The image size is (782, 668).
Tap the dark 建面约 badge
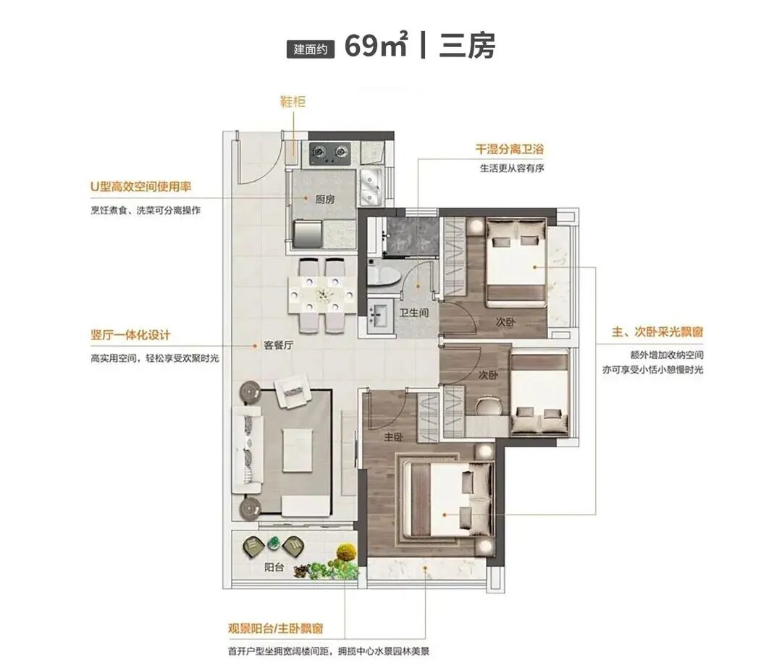tap(311, 49)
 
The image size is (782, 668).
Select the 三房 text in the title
tap(467, 46)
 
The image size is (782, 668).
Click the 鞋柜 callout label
tap(293, 101)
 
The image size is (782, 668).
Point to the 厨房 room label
tap(324, 201)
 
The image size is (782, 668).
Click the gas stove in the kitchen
tap(329, 152)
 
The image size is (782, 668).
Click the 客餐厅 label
tap(278, 346)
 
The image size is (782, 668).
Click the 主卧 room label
tap(393, 437)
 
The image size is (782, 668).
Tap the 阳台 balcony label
tap(274, 568)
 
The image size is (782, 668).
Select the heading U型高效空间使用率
tap(140, 186)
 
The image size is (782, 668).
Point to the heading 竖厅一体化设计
tap(130, 335)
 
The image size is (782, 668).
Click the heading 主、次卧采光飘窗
tap(657, 332)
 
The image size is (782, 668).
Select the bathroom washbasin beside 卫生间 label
tap(380, 316)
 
